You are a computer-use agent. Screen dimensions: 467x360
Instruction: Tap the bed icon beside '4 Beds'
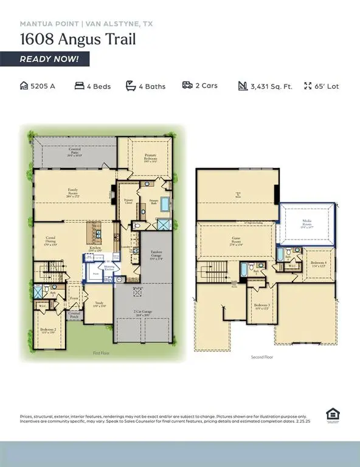pos(79,86)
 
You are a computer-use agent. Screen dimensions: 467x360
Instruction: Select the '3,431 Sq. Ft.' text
pos(271,86)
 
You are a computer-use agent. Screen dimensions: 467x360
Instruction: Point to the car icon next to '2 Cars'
pos(187,86)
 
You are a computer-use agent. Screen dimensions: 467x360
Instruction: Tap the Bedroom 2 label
pos(48,331)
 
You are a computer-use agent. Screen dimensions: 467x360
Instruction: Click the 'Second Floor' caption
pos(261,357)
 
